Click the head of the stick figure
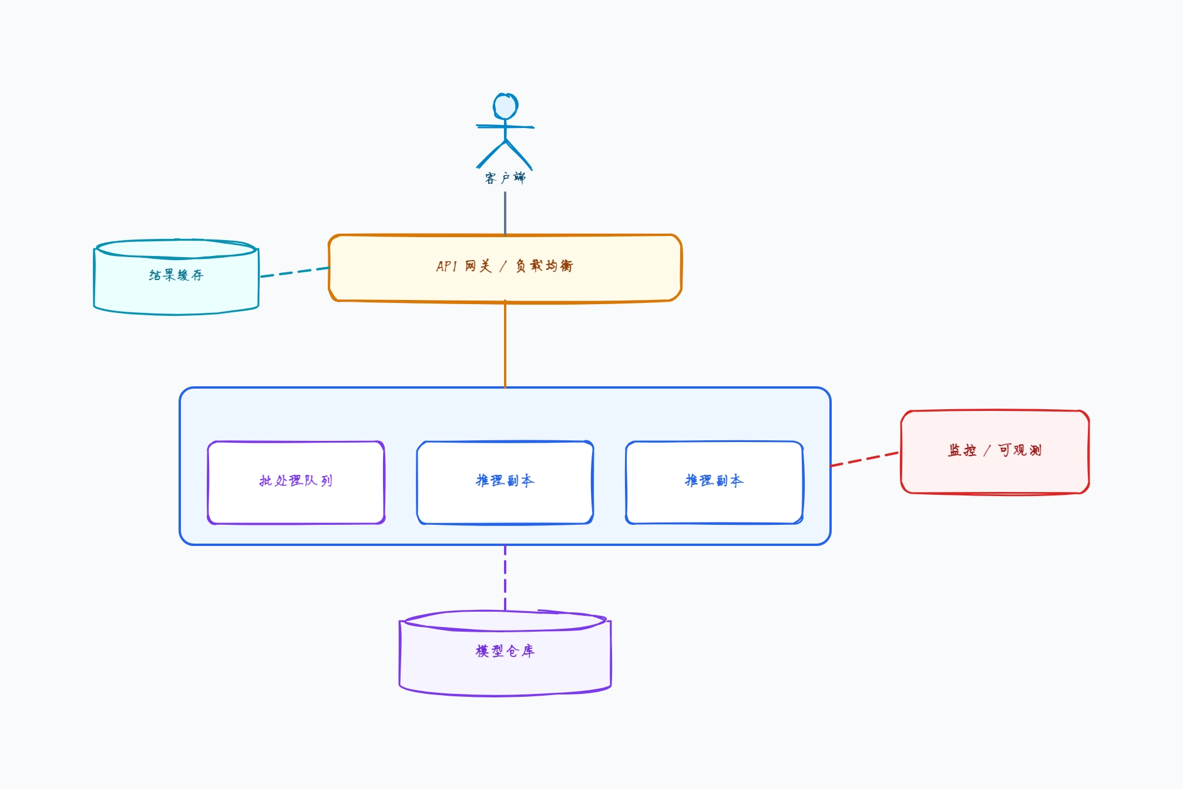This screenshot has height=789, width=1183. (x=505, y=106)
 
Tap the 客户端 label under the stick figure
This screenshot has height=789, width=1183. (x=505, y=178)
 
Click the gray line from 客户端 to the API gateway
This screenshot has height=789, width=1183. (x=505, y=213)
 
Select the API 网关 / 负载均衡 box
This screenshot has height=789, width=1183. (x=505, y=268)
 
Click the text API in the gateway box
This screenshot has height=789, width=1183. (x=446, y=267)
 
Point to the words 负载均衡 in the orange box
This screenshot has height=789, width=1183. (x=544, y=266)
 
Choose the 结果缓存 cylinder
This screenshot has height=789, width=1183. (x=176, y=277)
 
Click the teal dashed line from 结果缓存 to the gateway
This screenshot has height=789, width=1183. (x=295, y=272)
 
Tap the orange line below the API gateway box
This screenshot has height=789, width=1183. (x=505, y=344)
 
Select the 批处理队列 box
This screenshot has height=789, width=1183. (x=296, y=483)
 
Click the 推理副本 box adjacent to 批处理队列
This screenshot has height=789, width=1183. (x=505, y=483)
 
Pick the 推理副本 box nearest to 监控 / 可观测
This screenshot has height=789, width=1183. (x=714, y=483)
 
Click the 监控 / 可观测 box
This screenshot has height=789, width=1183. (x=995, y=452)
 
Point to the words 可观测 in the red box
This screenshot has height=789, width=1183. (x=1020, y=450)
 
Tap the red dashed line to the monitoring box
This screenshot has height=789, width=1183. (x=865, y=459)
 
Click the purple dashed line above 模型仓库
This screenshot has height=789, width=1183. (x=505, y=578)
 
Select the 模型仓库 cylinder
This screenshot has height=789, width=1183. (x=505, y=653)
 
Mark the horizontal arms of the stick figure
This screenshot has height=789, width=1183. (x=505, y=126)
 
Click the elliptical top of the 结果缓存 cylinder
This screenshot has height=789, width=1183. (x=176, y=248)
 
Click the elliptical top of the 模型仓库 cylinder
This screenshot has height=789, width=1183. (x=505, y=621)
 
